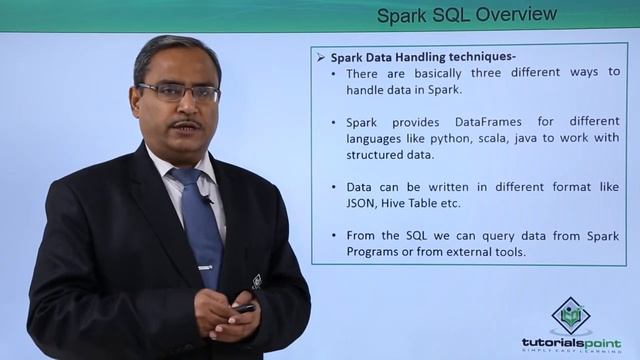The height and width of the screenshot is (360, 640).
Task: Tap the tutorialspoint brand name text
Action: [x=571, y=342]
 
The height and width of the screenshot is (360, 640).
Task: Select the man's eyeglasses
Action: [x=180, y=92]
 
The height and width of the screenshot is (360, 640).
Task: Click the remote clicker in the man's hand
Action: [x=244, y=308]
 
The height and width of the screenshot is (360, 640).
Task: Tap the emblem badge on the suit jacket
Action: [x=256, y=281]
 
